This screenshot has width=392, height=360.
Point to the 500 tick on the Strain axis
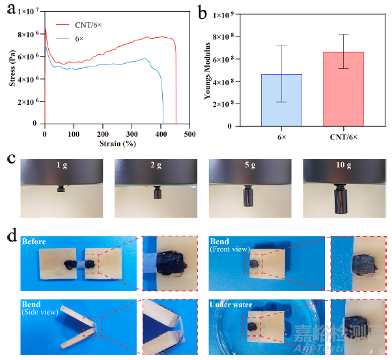tap(190, 134)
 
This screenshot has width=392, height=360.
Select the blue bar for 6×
tap(281, 100)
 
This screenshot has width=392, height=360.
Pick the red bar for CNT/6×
tap(343, 89)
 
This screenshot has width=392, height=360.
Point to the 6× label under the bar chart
tap(281, 137)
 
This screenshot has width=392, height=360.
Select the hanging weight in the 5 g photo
tap(249, 195)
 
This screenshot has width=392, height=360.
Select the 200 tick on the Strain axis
tap(103, 134)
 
